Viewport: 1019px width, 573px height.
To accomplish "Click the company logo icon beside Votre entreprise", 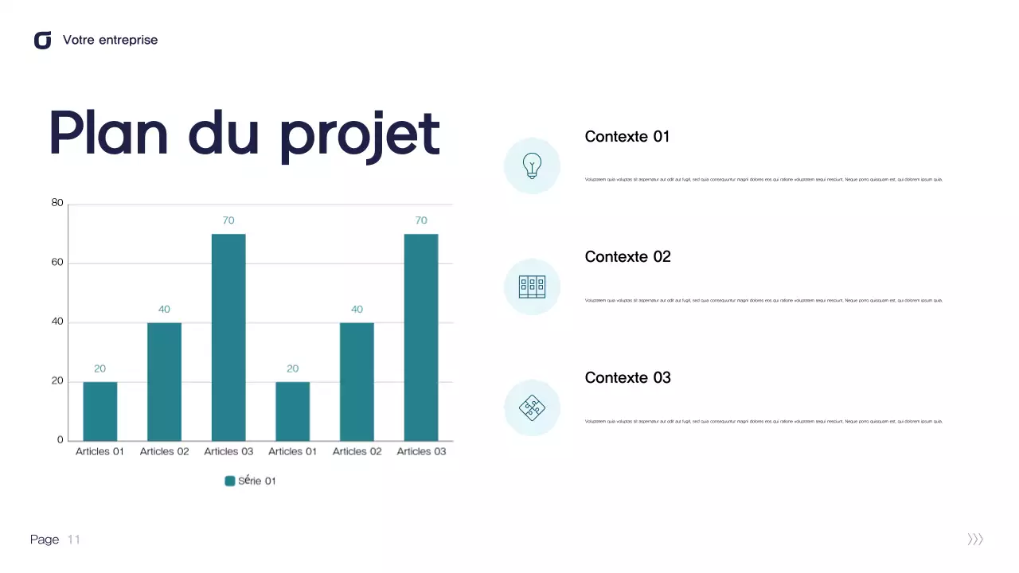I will tap(42, 40).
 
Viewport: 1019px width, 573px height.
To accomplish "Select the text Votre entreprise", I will tap(110, 40).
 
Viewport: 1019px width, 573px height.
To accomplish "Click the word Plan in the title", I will tap(108, 134).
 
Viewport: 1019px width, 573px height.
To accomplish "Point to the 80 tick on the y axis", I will tap(57, 203).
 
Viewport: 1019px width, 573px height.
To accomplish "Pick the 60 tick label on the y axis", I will tap(57, 263).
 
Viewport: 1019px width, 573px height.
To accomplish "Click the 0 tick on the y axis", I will tap(61, 440).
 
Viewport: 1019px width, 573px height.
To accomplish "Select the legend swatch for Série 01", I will tap(230, 481).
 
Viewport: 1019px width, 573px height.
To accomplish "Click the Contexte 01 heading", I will tap(627, 136).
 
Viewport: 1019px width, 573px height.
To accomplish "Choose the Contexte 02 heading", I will tap(627, 256).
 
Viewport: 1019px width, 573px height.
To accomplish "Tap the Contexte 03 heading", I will tap(627, 377).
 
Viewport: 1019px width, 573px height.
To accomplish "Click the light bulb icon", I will tap(532, 166).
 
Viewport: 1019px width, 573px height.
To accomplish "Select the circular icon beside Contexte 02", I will tap(532, 286).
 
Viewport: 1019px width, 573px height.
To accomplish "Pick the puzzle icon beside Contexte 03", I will tap(532, 407).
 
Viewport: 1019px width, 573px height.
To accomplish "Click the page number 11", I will tap(74, 540).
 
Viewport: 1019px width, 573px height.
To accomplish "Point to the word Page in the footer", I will tap(45, 540).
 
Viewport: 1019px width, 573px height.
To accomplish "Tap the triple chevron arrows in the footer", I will tap(975, 540).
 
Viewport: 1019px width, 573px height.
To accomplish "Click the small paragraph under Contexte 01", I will tap(763, 179).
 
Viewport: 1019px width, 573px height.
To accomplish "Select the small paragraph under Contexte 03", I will tap(763, 421).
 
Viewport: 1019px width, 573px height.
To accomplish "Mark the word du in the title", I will tap(224, 134).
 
